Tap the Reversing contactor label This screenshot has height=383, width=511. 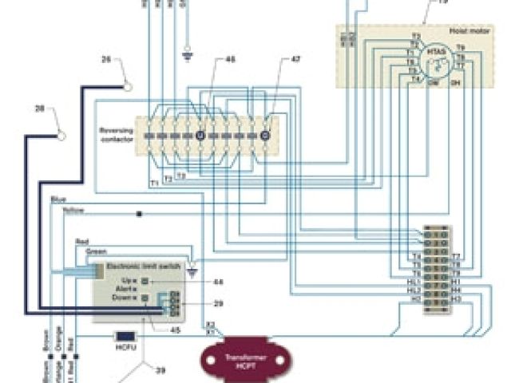[x=117, y=133]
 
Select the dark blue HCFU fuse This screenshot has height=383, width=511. [x=125, y=337]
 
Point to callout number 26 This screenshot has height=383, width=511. [x=107, y=60]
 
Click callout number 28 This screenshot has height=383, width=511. [x=41, y=109]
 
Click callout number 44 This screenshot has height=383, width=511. [x=219, y=282]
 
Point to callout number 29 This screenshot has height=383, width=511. [x=219, y=305]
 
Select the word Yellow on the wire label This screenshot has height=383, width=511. [x=73, y=211]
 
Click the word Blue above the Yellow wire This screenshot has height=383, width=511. [x=57, y=199]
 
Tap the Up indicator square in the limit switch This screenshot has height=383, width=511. [x=145, y=281]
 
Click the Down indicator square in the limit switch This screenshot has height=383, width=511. [x=145, y=297]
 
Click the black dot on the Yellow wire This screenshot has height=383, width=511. [x=140, y=214]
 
